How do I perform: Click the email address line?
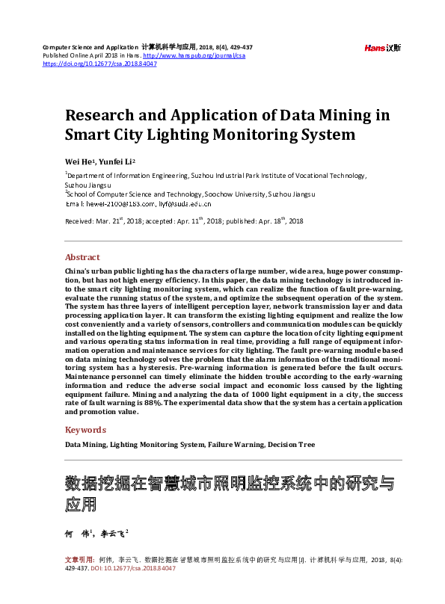[x=138, y=203]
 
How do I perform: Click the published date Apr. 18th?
[x=283, y=221]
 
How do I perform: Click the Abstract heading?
[x=82, y=257]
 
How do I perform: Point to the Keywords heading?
[x=86, y=430]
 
